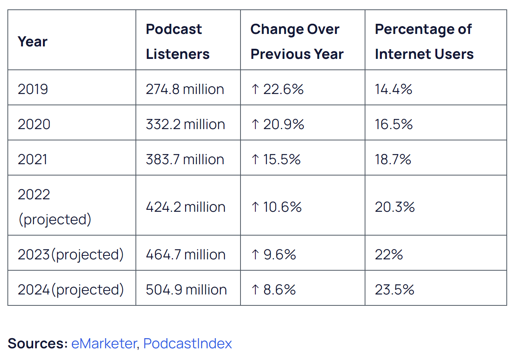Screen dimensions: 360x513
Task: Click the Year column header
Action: [x=32, y=41]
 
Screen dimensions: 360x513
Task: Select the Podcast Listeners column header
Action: [x=178, y=41]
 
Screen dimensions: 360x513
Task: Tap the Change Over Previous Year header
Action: [x=297, y=41]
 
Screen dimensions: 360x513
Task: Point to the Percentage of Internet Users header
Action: [x=424, y=41]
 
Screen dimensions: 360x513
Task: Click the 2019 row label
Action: [x=33, y=89]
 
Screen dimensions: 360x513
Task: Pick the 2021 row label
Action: [x=33, y=160]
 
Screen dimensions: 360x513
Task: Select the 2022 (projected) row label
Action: [x=54, y=207]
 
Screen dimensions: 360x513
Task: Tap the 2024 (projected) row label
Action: [x=71, y=290]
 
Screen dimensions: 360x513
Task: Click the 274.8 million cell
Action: [x=185, y=89]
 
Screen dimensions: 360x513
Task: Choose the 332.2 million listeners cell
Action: [x=185, y=124]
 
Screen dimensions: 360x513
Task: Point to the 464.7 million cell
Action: [x=185, y=255]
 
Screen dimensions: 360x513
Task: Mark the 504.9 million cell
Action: [x=186, y=290]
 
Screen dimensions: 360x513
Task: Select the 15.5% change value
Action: [x=281, y=160]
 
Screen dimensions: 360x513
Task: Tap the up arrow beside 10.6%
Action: [x=255, y=207]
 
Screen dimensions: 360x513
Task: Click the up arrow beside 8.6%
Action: [x=255, y=290]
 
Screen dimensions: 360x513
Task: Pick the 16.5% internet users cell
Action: [x=394, y=124]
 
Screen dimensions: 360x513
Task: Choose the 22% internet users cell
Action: [x=389, y=255]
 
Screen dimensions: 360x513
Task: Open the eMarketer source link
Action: [x=103, y=343]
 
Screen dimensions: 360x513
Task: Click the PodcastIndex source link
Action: [x=187, y=343]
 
